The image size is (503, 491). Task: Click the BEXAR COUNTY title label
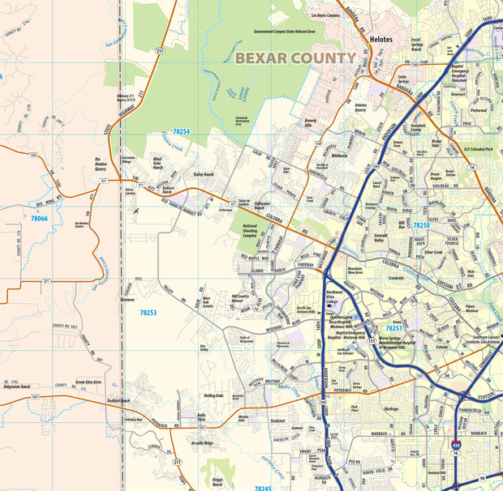295,58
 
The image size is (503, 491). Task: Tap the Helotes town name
380,38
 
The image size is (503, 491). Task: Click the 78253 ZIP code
148,312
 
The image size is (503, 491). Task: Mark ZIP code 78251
394,328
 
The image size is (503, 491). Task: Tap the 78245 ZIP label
263,489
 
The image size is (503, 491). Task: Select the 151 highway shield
371,341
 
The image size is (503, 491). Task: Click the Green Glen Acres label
88,381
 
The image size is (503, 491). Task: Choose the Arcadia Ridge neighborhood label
201,443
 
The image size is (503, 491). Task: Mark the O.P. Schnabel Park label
475,148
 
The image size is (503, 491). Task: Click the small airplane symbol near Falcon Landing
137,210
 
